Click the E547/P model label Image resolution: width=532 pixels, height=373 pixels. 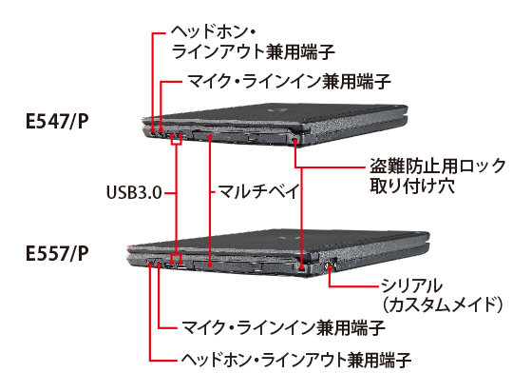(x=58, y=123)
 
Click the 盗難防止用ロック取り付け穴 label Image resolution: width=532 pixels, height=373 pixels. (x=417, y=177)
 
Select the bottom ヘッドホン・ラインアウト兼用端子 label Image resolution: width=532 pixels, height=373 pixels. (x=295, y=361)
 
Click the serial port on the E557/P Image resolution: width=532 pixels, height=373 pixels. (x=331, y=263)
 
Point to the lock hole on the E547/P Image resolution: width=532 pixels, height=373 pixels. (x=296, y=141)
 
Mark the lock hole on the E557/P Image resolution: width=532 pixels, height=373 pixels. (x=303, y=264)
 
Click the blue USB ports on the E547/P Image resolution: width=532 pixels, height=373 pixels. (x=177, y=132)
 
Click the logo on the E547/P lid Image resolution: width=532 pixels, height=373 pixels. (x=272, y=108)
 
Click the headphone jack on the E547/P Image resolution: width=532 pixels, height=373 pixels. (x=153, y=128)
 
